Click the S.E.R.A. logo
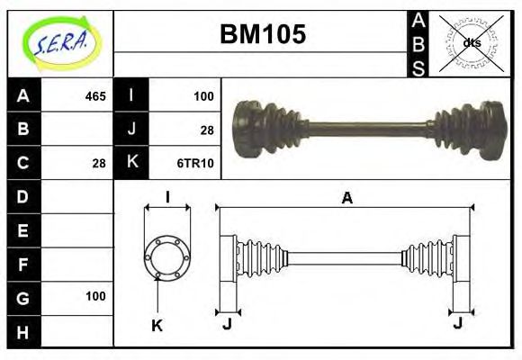(59, 42)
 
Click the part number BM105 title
(263, 34)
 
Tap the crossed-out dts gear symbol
(471, 42)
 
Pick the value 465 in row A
(94, 95)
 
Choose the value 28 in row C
(99, 163)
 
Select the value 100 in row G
(95, 296)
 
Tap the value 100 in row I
(203, 95)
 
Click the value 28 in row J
(207, 130)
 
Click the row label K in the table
(132, 163)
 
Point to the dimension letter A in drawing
(346, 199)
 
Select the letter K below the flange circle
(157, 325)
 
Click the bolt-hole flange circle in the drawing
(167, 256)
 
